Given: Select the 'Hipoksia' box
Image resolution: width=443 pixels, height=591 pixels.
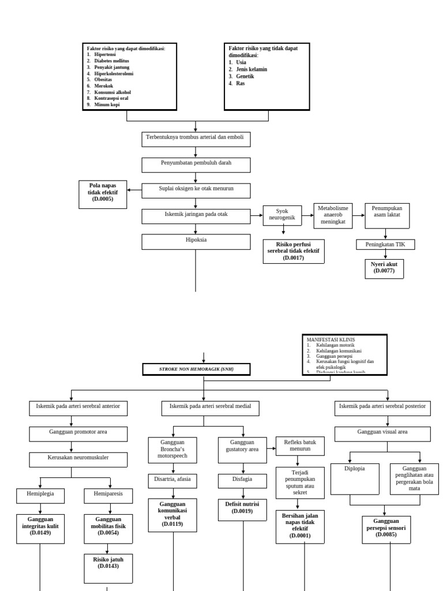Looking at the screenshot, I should [x=196, y=241].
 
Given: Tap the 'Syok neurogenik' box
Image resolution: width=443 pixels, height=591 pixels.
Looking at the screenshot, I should [x=283, y=215].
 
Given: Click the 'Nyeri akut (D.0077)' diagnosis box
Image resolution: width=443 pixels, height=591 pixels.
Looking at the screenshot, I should [x=384, y=268].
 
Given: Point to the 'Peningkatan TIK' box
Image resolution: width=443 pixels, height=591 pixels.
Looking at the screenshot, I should [x=385, y=245].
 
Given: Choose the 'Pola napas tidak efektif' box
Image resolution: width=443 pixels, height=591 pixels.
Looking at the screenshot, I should [x=103, y=193].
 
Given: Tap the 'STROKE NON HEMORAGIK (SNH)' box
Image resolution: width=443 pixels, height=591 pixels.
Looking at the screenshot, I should [x=196, y=369].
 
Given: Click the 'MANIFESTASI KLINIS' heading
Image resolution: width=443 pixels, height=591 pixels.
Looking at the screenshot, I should [x=331, y=339].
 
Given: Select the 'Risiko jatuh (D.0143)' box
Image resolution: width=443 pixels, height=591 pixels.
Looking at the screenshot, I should [x=108, y=563].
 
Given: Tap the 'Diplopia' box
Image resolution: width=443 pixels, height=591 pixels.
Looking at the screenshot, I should [x=355, y=478].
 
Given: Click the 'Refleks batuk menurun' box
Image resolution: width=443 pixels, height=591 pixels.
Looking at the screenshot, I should [x=300, y=446].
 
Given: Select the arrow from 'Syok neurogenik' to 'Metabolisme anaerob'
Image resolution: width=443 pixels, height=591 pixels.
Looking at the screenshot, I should [x=307, y=215].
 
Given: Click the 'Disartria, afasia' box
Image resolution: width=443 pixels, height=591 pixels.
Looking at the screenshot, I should [x=172, y=479].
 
